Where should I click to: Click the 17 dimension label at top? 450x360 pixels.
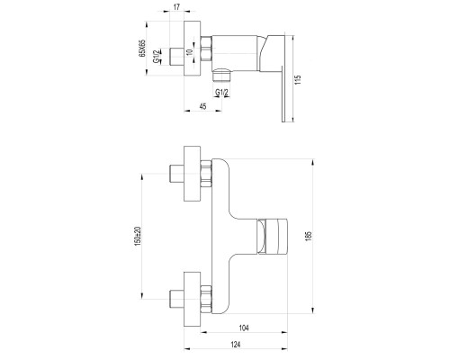click(x=177, y=7)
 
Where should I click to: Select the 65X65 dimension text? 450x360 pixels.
click(x=142, y=48)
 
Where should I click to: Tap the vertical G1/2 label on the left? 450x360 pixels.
click(x=157, y=56)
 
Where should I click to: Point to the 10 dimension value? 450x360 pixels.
click(x=189, y=52)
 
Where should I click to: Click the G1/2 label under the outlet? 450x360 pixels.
click(x=221, y=93)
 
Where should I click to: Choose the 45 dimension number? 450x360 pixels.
click(x=203, y=106)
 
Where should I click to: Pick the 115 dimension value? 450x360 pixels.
click(x=297, y=80)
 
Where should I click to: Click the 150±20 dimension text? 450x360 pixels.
click(x=138, y=236)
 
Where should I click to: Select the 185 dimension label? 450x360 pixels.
click(x=309, y=236)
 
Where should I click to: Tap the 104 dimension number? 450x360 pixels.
click(x=244, y=328)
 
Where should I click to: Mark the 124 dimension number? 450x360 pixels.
click(x=236, y=345)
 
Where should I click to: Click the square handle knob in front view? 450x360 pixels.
click(x=272, y=237)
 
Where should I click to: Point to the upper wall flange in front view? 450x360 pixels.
click(x=192, y=174)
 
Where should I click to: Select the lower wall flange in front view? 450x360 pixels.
click(x=192, y=299)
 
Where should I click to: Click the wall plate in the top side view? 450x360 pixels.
click(x=192, y=49)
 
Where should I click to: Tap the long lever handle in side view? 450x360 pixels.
click(x=283, y=94)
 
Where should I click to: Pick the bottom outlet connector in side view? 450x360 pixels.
click(x=221, y=75)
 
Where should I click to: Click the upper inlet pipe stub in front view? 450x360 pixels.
click(x=176, y=174)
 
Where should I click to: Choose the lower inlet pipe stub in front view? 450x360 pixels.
click(x=176, y=299)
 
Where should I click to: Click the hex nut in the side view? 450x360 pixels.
click(x=206, y=49)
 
